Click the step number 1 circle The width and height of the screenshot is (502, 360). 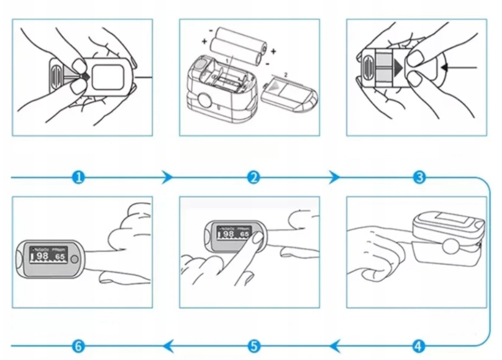click(x=78, y=178)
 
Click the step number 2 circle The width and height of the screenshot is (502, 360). click(x=253, y=178)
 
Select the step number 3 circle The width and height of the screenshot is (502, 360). click(x=419, y=178)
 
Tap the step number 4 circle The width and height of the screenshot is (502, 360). click(x=419, y=345)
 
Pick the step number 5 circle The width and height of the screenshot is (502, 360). click(x=253, y=345)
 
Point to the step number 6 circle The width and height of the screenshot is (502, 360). click(x=78, y=345)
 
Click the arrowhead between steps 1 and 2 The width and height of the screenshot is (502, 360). click(x=166, y=178)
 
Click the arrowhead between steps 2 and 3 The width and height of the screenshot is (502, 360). click(x=334, y=178)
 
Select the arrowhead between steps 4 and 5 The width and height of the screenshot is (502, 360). click(x=335, y=345)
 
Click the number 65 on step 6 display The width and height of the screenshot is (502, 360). click(x=60, y=256)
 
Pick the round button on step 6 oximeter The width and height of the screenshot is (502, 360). click(x=75, y=257)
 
